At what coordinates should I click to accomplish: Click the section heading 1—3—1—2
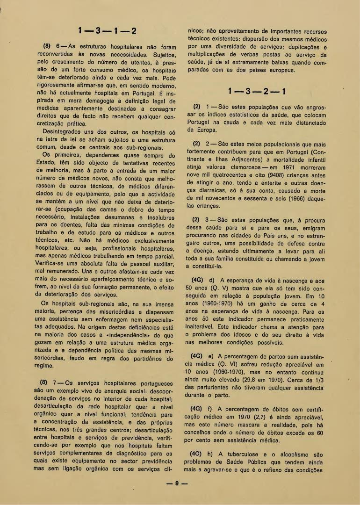pyautogui.click(x=108, y=32)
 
